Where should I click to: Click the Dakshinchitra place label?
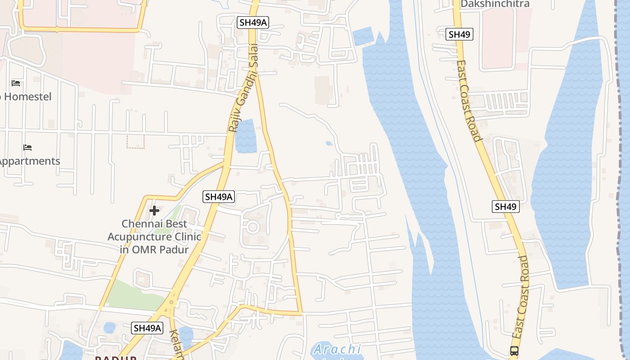(495, 4)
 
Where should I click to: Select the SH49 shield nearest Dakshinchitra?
(459, 34)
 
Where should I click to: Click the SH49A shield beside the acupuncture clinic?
(219, 197)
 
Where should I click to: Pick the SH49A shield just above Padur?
(147, 328)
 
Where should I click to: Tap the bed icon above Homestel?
(16, 83)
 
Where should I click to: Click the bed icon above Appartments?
(27, 148)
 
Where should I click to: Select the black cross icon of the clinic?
(154, 211)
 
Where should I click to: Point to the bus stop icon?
(514, 351)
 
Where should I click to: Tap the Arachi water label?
(337, 349)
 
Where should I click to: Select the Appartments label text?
(30, 161)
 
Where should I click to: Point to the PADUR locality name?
(115, 358)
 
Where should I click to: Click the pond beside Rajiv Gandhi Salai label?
(246, 136)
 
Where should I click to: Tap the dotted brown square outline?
(135, 141)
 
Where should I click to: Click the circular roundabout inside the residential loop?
(252, 227)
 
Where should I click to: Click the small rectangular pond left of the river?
(363, 37)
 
